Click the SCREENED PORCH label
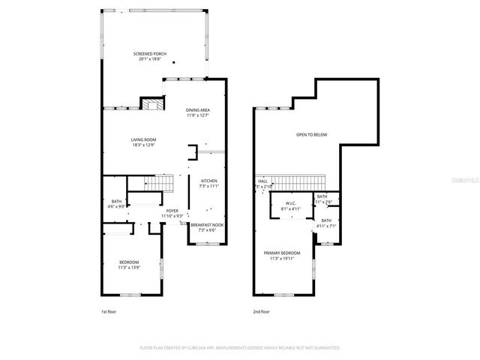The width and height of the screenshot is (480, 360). [150, 56]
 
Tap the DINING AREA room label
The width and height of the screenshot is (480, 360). [198, 112]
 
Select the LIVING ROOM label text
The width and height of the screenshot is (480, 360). [143, 142]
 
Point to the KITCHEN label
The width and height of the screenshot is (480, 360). [208, 184]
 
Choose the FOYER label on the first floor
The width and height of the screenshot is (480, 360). [172, 214]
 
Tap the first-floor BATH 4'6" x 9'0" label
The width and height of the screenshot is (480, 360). [116, 203]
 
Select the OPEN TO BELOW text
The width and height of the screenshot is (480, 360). [311, 135]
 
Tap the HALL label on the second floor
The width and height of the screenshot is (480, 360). [263, 182]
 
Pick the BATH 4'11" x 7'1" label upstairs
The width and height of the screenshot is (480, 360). [326, 223]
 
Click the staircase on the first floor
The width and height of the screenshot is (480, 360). [158, 184]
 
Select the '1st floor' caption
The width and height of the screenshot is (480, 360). [109, 311]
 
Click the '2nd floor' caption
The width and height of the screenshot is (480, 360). [260, 311]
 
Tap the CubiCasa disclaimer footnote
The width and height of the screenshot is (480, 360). [240, 348]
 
